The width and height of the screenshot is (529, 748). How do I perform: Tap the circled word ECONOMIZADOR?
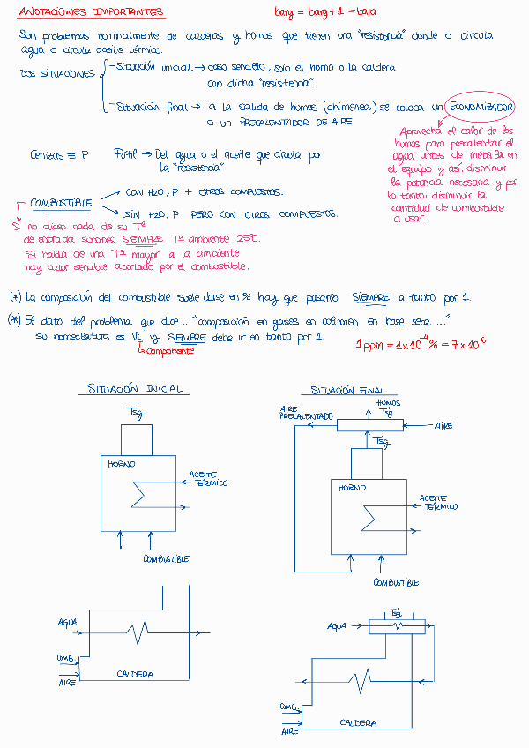click(x=480, y=108)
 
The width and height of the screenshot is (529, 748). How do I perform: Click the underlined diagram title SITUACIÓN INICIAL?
click(x=137, y=389)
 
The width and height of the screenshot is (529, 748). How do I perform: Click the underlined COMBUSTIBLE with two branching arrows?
click(x=62, y=203)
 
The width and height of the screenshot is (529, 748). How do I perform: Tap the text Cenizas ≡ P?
click(x=59, y=154)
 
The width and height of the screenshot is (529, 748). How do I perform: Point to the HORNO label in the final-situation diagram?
click(x=353, y=487)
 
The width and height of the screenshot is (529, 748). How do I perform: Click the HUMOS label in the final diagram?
click(x=388, y=403)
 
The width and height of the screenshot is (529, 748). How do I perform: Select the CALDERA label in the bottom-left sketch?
click(x=135, y=674)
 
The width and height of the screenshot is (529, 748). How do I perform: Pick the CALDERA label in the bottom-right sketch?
click(x=358, y=723)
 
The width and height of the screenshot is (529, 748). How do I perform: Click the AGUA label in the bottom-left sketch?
click(x=67, y=622)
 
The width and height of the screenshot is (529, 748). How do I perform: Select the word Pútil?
click(x=126, y=153)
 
